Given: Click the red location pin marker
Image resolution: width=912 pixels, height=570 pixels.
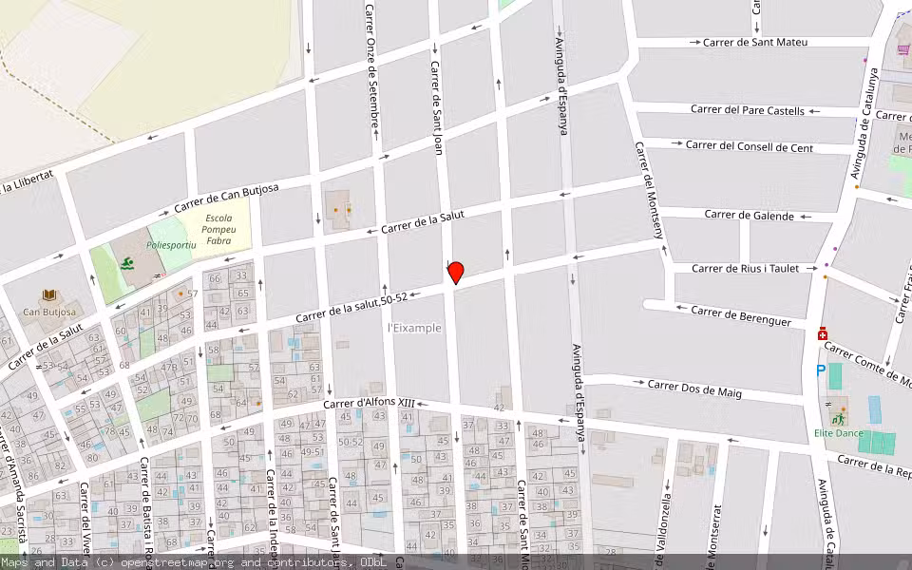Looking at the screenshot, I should [455, 273].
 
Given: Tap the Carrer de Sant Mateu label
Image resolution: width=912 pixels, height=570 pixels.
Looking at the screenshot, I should [754, 43].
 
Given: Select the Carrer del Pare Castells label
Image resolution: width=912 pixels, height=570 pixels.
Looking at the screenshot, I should [747, 111].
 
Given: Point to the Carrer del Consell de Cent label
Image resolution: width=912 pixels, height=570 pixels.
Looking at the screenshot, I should [749, 146].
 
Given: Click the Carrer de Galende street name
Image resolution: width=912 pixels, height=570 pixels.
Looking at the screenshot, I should [749, 216].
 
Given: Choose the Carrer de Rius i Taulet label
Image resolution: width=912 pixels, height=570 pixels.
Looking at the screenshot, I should [745, 269].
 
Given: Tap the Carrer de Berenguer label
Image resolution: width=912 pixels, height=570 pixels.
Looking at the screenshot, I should [741, 316].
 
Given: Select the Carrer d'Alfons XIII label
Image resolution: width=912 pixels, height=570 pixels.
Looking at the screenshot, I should [370, 404].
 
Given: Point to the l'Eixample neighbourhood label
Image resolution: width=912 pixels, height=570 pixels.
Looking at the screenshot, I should [414, 328].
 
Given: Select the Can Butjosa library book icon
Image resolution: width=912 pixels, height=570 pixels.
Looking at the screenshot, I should [46, 296].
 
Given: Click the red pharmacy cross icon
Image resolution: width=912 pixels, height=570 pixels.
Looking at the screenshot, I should [822, 334].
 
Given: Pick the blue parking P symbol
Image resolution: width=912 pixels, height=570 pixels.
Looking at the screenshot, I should [820, 370].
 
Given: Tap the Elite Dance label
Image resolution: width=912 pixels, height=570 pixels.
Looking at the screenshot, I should [837, 433].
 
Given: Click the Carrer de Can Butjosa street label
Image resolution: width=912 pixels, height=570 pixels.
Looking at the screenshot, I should [226, 198].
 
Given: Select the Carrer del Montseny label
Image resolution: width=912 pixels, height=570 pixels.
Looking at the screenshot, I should [654, 200].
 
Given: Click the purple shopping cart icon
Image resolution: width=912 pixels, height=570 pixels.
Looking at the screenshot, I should [902, 48].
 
